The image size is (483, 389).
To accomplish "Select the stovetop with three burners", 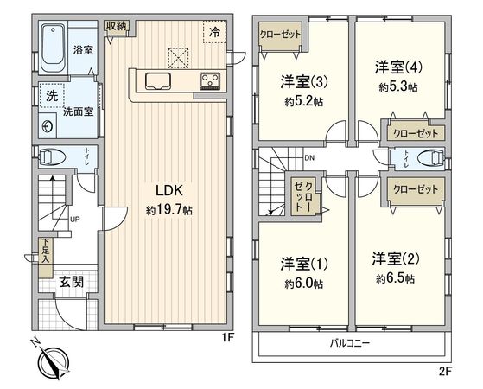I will click(x=210, y=82).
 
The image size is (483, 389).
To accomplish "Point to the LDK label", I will click(x=168, y=190).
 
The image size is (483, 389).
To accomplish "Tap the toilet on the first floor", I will click(x=54, y=157).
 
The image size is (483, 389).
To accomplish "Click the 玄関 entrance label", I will click(x=71, y=281).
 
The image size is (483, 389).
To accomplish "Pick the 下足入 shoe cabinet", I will click(x=44, y=252).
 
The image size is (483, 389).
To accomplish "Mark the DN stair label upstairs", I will click(x=309, y=157).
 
